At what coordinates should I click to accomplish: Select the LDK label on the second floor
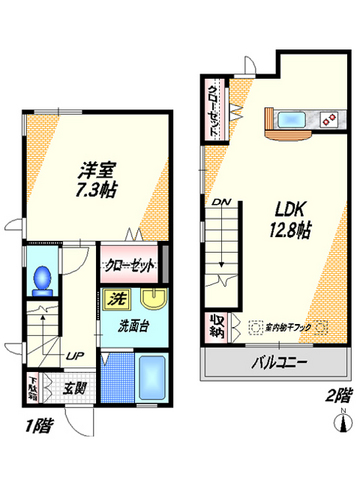coord(285,210)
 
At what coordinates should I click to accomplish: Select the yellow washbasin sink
coord(152,299)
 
